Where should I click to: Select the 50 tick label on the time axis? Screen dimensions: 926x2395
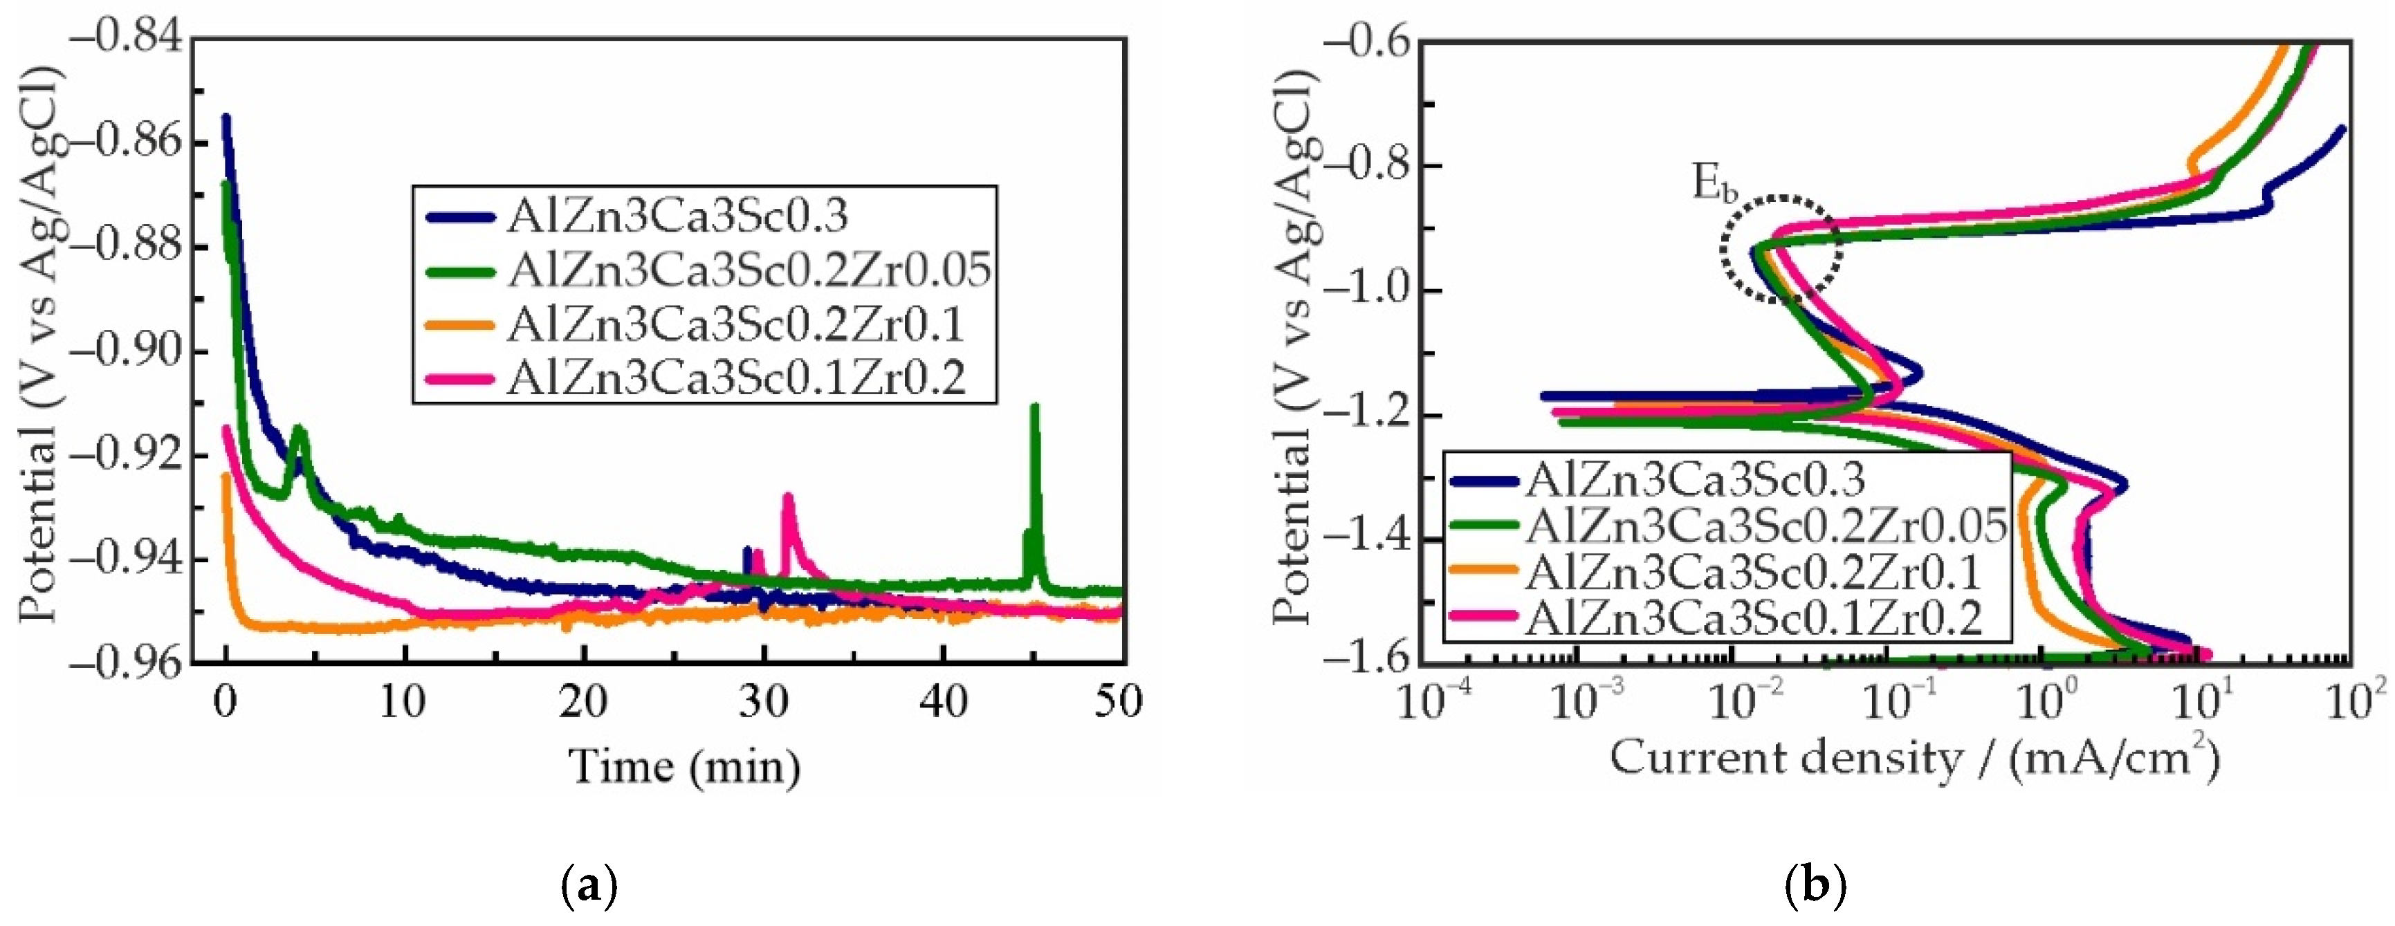[1119, 702]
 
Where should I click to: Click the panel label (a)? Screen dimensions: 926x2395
[589, 885]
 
